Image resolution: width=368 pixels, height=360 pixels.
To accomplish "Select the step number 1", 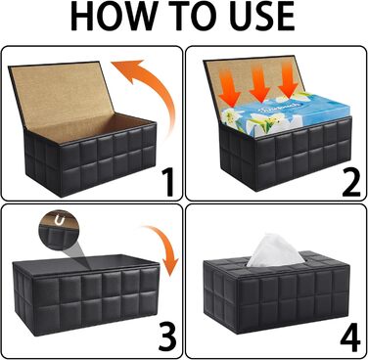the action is tap(167, 182).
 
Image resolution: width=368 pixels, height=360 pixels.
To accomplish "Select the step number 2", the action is tap(351, 182).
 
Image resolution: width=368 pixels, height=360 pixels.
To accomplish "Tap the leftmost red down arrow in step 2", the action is tap(230, 87).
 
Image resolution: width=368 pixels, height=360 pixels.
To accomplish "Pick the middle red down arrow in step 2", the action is tap(260, 81).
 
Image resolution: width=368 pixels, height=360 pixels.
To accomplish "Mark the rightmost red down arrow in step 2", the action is tap(288, 80).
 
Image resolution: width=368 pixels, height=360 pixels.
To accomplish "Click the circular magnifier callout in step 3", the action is tap(60, 230).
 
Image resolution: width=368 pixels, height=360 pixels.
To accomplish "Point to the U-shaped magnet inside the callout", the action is tap(60, 221).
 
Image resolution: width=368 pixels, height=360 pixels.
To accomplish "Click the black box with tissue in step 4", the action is tap(277, 293).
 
